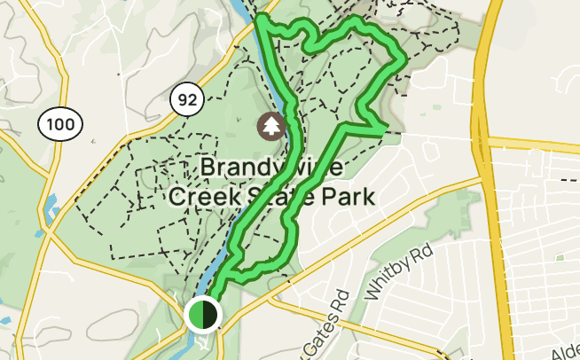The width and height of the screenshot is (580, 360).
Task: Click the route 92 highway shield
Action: [187, 100]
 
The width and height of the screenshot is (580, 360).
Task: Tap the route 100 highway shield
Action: [61, 125]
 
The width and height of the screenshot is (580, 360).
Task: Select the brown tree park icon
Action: [271, 126]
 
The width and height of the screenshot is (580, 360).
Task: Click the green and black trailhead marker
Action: [203, 314]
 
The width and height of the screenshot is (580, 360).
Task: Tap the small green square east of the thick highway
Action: [560, 258]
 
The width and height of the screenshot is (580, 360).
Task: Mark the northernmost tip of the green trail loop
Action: [262, 18]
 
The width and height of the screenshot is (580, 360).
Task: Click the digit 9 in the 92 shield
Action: [183, 100]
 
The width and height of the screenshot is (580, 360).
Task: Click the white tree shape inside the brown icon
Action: [271, 125]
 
